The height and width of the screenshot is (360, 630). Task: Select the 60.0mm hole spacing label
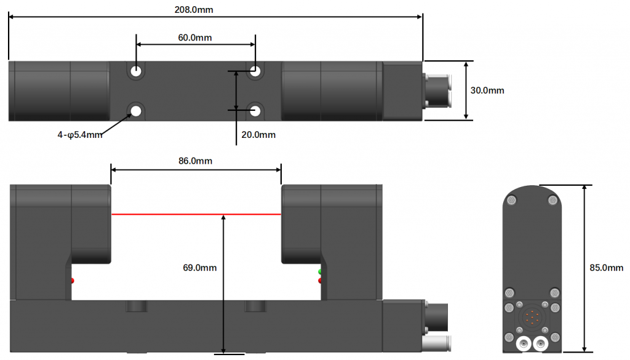[x=195, y=38]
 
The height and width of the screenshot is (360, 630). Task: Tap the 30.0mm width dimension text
[x=487, y=90]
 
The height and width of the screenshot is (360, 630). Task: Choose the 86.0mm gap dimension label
[x=195, y=161]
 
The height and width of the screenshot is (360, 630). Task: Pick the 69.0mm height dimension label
[x=200, y=268]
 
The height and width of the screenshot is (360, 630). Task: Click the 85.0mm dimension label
[x=607, y=268]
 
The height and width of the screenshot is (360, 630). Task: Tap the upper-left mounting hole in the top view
[x=136, y=71]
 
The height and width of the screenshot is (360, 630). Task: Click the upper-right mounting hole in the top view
[x=255, y=71]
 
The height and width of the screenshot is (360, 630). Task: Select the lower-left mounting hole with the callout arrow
[x=136, y=111]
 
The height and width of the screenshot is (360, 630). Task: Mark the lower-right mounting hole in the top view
[x=255, y=111]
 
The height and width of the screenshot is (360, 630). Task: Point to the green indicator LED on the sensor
[x=320, y=271]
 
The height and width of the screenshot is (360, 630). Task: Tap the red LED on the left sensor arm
[x=73, y=281]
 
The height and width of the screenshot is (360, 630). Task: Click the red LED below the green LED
[x=320, y=281]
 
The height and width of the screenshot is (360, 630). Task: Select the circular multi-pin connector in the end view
[x=532, y=318]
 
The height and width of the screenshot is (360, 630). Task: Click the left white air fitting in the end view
[x=524, y=343]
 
